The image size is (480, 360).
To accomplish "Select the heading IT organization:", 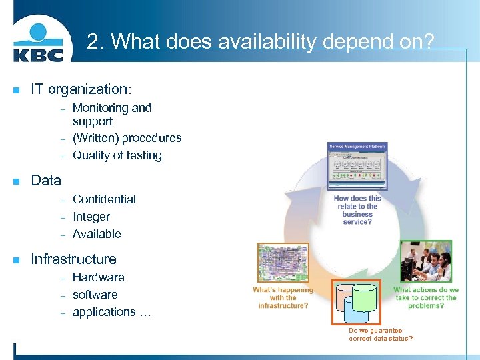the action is click(x=81, y=89).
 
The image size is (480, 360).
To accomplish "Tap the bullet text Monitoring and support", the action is click(x=111, y=115).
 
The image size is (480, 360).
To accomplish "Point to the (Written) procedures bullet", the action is click(x=127, y=138).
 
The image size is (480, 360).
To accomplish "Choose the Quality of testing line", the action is click(x=117, y=155).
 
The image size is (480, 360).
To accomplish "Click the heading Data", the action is click(x=46, y=181).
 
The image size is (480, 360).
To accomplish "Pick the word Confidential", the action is click(x=104, y=199).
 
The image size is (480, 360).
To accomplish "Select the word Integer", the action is click(x=91, y=217).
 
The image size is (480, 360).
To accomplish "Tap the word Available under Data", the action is click(x=97, y=234).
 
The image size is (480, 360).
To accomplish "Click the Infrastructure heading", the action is click(x=73, y=259).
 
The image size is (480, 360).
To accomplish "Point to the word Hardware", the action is click(x=98, y=277).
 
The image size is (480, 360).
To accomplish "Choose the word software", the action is click(x=95, y=295).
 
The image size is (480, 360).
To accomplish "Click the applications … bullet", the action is click(x=111, y=312).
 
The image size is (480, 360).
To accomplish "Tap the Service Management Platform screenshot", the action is click(x=357, y=166).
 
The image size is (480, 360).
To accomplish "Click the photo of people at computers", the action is click(x=426, y=262).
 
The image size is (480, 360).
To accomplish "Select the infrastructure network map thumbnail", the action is click(x=283, y=264).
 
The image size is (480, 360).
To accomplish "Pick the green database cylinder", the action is click(x=365, y=297).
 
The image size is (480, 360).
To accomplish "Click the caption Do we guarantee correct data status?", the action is click(x=381, y=335).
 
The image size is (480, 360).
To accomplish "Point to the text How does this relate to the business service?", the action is click(x=357, y=210).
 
